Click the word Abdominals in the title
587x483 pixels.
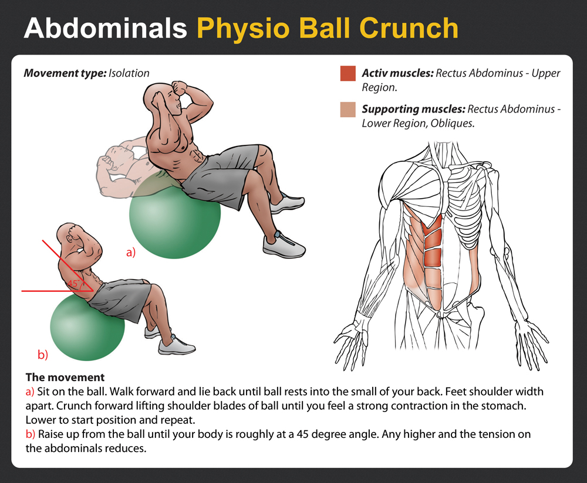pos(105,28)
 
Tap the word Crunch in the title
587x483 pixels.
pos(409,28)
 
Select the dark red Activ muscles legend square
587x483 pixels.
pos(348,73)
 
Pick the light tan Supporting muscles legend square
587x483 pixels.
pos(348,109)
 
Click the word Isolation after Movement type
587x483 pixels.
pos(129,73)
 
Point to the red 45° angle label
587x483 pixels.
pos(73,283)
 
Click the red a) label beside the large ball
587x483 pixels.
pos(131,252)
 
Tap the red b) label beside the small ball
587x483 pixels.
pos(43,354)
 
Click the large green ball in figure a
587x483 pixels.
pos(175,220)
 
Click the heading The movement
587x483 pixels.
pos(65,377)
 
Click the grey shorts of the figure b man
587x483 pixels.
pos(120,299)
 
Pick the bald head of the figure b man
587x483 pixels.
pos(68,234)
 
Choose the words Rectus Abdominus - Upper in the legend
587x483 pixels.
pos(498,73)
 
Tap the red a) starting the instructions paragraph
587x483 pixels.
pos(30,392)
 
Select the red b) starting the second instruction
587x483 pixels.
pos(31,434)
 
